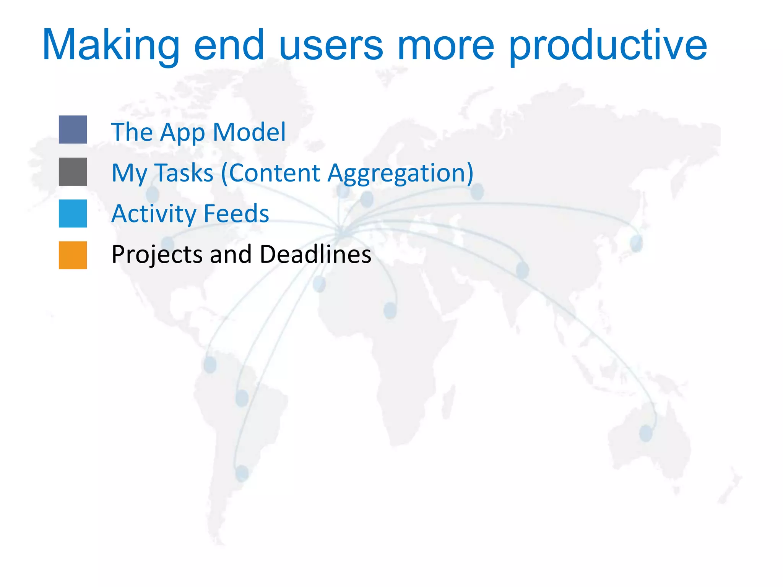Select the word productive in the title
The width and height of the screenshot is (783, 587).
(x=608, y=46)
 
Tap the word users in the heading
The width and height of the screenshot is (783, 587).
(x=331, y=46)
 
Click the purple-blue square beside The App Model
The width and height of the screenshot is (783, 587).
(x=73, y=130)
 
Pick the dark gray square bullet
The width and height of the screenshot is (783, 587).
(x=73, y=172)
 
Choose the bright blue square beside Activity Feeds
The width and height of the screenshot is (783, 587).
(x=73, y=213)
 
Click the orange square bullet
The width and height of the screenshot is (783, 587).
(x=73, y=255)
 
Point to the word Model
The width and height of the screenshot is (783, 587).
(x=249, y=132)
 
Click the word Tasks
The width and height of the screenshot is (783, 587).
(x=184, y=173)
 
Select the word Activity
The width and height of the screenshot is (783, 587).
(x=153, y=214)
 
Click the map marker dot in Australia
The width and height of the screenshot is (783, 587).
(x=646, y=434)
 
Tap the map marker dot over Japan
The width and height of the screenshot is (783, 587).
(x=636, y=243)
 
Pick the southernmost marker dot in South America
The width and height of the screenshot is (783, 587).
(x=242, y=473)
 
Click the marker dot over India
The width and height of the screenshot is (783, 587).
(x=522, y=270)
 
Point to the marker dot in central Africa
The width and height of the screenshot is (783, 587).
(x=390, y=310)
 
